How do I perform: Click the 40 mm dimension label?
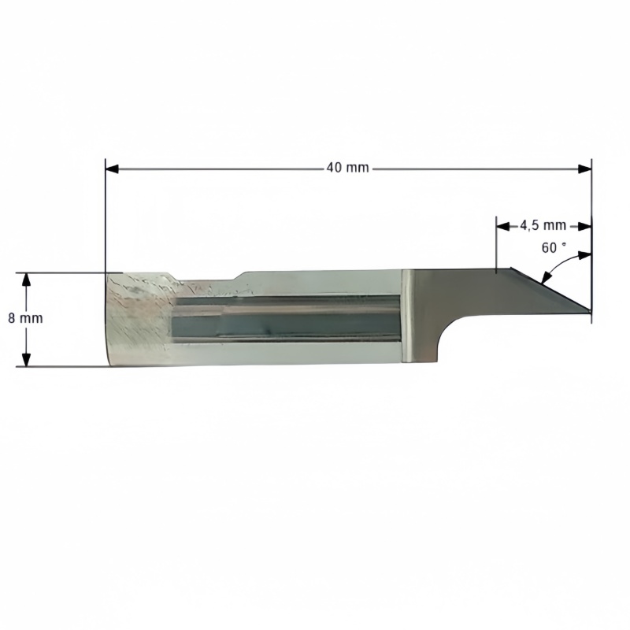(x=347, y=167)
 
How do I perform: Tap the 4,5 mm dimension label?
(x=543, y=226)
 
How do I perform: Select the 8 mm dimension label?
(x=25, y=318)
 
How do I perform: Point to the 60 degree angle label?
(x=554, y=248)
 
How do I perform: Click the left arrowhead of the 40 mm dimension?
(x=112, y=169)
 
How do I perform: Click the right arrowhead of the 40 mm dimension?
(x=584, y=169)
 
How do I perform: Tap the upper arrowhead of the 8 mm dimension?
(x=26, y=280)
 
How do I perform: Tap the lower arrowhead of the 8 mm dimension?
(x=26, y=360)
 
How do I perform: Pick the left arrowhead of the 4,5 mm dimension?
(x=502, y=227)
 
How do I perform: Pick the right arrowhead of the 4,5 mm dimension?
(x=585, y=227)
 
